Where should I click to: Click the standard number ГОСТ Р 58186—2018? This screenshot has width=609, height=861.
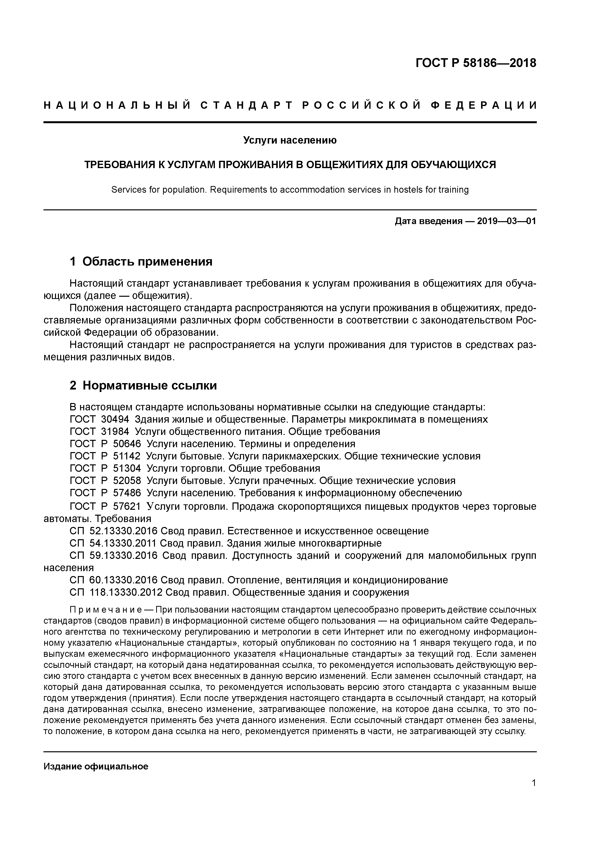click(476, 63)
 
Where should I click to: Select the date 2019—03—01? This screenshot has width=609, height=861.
click(506, 221)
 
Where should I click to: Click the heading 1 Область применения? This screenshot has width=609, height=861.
click(141, 261)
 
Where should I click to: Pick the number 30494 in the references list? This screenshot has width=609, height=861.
click(115, 419)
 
